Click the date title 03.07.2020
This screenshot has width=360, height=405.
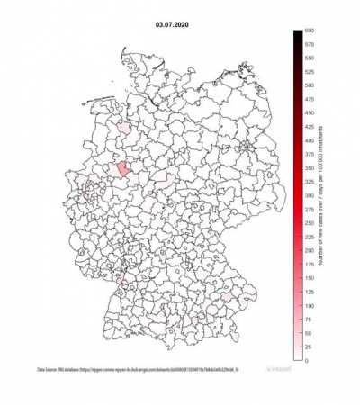click(174, 14)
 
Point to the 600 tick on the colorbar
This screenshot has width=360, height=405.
click(308, 31)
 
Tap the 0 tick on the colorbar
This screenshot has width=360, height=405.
click(307, 360)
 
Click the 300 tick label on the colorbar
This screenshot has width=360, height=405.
click(309, 195)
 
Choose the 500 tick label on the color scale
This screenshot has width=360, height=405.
click(309, 86)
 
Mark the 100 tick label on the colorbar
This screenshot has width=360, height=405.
click(309, 305)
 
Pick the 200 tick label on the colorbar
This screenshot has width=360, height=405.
click(309, 250)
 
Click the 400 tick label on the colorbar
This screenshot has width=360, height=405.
click(309, 141)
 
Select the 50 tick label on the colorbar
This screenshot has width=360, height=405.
click(308, 333)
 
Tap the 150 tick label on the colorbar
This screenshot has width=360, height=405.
click(309, 278)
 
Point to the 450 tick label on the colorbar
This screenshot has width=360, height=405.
click(309, 113)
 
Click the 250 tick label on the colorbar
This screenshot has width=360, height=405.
click(309, 223)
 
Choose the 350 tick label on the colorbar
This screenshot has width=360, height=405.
click(309, 168)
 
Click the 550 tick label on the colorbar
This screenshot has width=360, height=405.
click(309, 58)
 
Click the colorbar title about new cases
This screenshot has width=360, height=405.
click(320, 196)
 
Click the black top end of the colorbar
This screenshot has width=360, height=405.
click(296, 34)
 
